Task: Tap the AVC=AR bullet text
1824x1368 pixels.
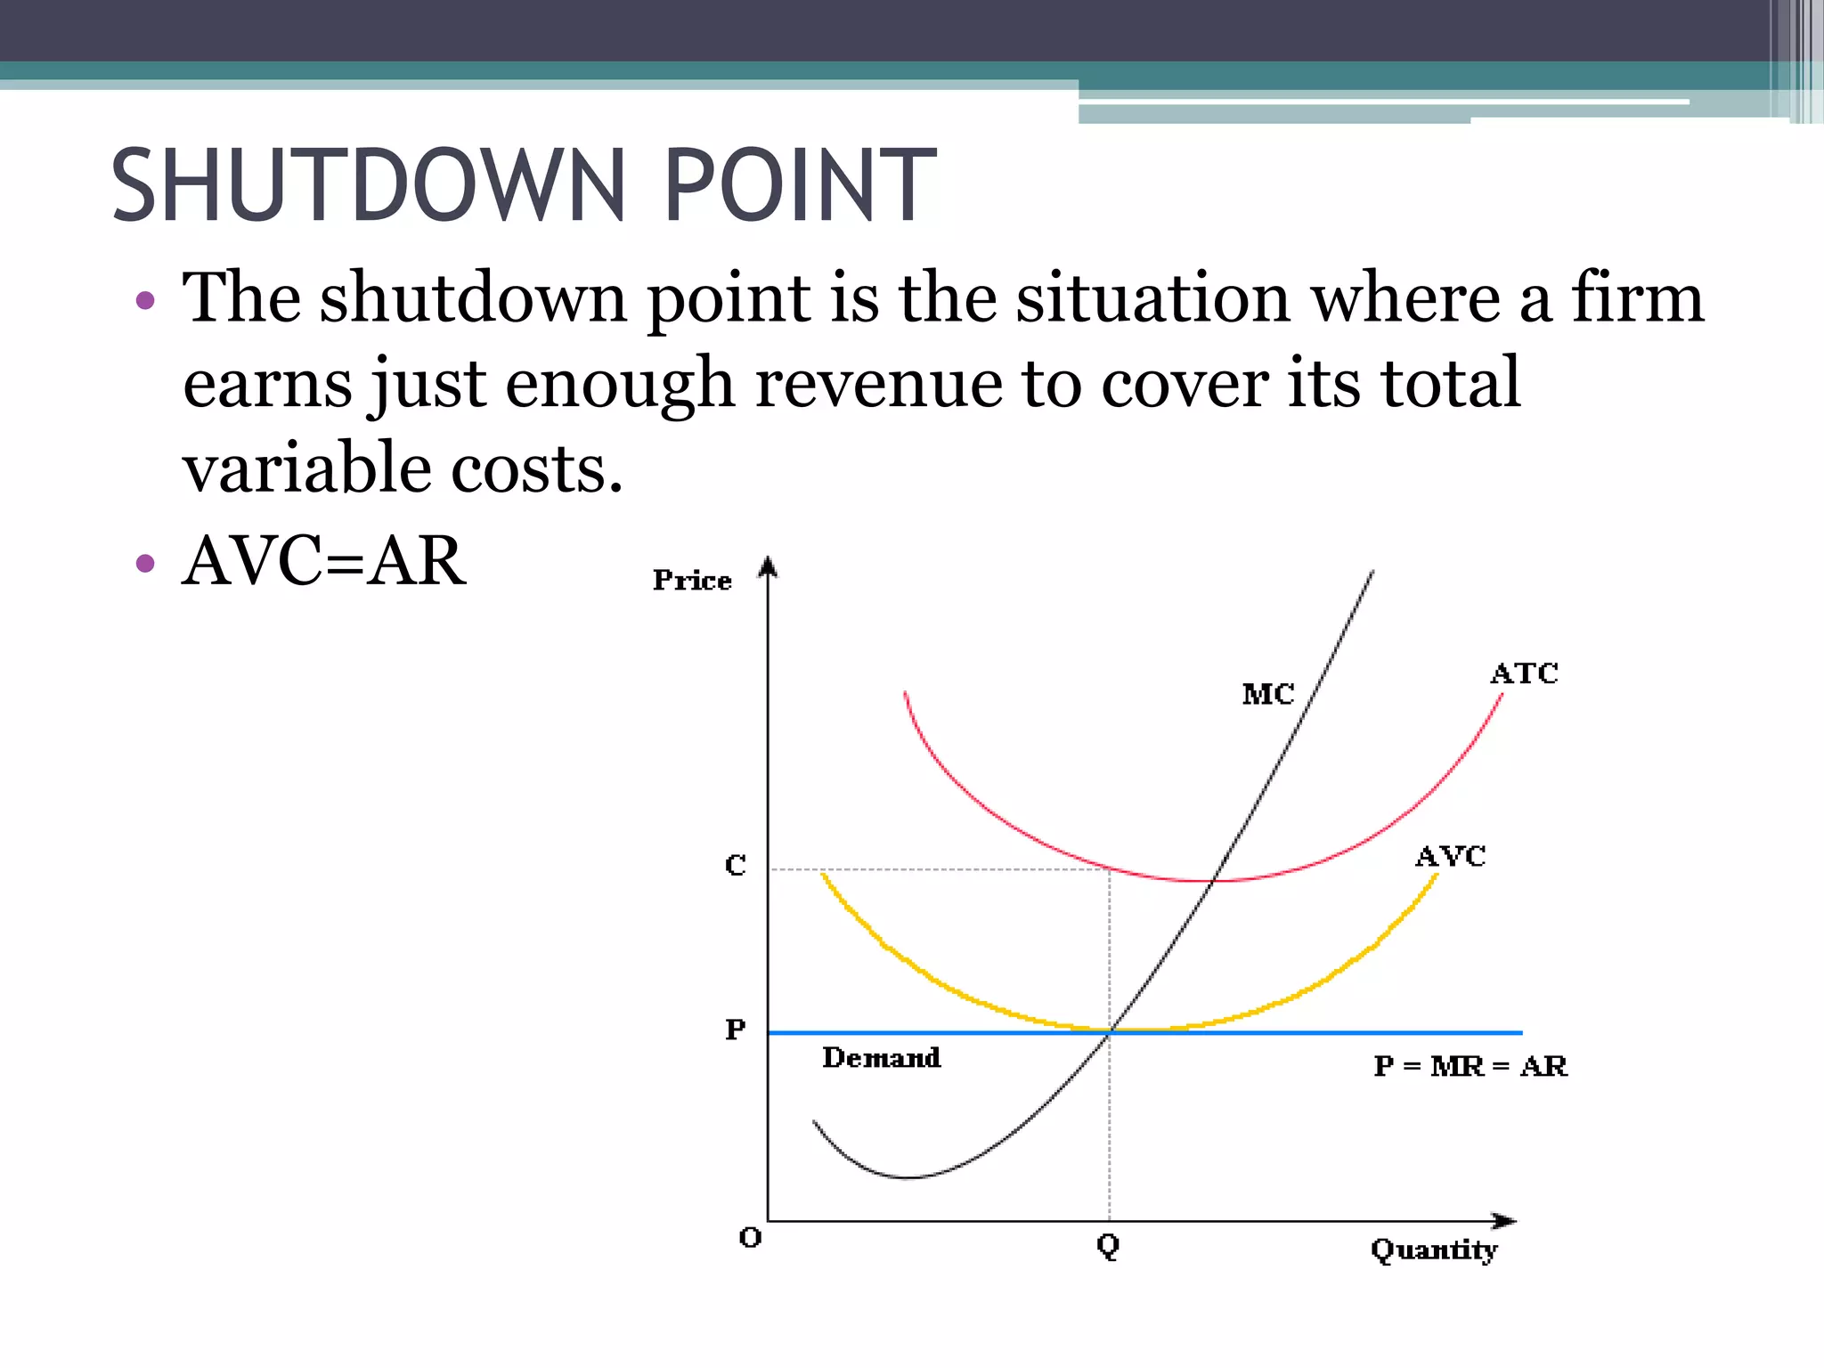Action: tap(323, 561)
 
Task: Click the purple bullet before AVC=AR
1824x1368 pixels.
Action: tap(145, 563)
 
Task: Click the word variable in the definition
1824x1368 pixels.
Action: tap(306, 468)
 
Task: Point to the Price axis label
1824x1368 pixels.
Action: tap(692, 581)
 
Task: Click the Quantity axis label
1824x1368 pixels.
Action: tap(1434, 1250)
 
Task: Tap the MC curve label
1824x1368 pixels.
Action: tap(1267, 694)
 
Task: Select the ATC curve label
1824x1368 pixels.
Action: tap(1524, 673)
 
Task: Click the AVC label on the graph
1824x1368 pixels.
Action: tap(1450, 857)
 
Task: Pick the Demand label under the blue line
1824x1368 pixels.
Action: tap(881, 1057)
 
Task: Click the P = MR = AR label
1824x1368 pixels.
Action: tap(1470, 1066)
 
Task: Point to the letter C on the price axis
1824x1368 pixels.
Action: tap(735, 865)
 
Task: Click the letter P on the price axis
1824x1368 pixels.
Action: tap(735, 1030)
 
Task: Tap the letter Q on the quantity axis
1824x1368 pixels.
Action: tap(1108, 1245)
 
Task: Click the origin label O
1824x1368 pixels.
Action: tap(750, 1238)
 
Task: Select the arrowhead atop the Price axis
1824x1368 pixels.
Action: tap(769, 566)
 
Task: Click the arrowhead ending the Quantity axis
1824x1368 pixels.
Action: tap(1504, 1220)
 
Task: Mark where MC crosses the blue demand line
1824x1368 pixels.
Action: tap(1110, 1032)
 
